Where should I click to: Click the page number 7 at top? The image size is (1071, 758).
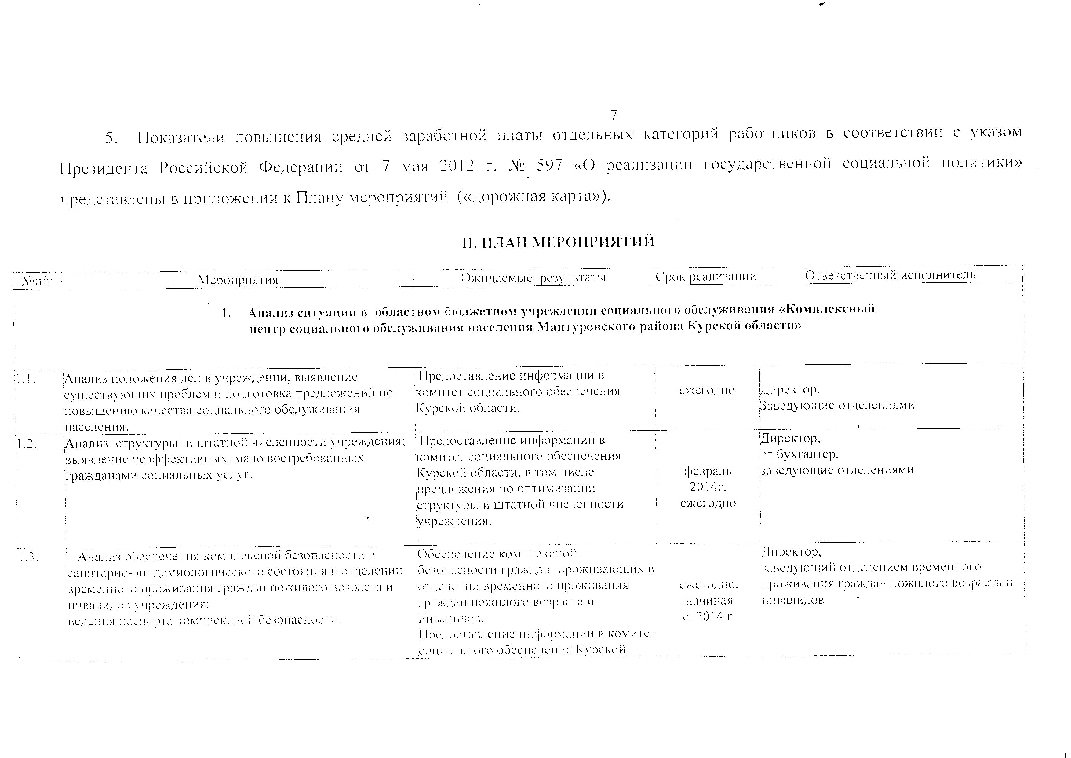pyautogui.click(x=614, y=115)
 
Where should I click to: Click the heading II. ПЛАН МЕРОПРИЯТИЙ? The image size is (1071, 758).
pyautogui.click(x=558, y=242)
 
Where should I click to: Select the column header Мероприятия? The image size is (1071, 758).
pyautogui.click(x=238, y=280)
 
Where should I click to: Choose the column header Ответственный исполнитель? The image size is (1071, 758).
pyautogui.click(x=890, y=275)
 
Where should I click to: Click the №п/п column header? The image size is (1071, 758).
pyautogui.click(x=37, y=281)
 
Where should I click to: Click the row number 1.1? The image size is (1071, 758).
pyautogui.click(x=26, y=379)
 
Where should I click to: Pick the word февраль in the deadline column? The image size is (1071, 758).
pyautogui.click(x=708, y=471)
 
